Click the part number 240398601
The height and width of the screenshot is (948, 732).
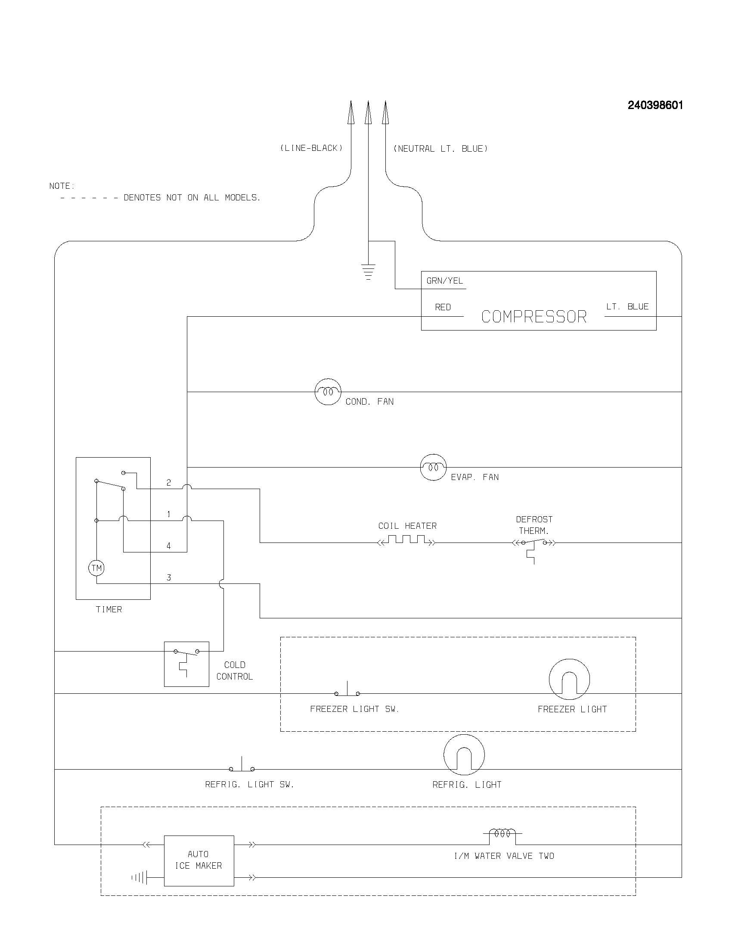[x=655, y=106]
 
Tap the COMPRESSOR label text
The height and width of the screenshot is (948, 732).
[x=533, y=316]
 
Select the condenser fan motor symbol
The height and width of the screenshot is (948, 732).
[x=328, y=392]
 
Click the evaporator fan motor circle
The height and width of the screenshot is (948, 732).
[x=433, y=467]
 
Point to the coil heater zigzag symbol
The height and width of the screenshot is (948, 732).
[x=406, y=540]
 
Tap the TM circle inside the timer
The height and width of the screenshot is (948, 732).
[x=96, y=568]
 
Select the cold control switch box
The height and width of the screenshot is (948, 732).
[x=186, y=664]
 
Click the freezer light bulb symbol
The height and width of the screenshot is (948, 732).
[x=569, y=679]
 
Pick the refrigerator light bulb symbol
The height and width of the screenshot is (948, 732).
[x=464, y=755]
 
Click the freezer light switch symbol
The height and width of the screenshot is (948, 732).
[x=347, y=691]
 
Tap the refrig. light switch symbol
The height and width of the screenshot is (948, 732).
[x=242, y=766]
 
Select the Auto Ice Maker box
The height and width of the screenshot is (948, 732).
[x=199, y=861]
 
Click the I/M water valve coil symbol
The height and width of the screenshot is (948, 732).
[x=502, y=833]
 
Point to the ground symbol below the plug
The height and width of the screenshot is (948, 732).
[x=368, y=272]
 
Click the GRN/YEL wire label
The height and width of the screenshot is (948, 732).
[x=444, y=281]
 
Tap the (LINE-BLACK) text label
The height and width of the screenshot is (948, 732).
[x=311, y=148]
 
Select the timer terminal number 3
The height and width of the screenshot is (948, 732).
[x=169, y=577]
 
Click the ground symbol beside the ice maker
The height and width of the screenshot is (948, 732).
[x=140, y=878]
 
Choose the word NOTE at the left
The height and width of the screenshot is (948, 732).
[x=62, y=186]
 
